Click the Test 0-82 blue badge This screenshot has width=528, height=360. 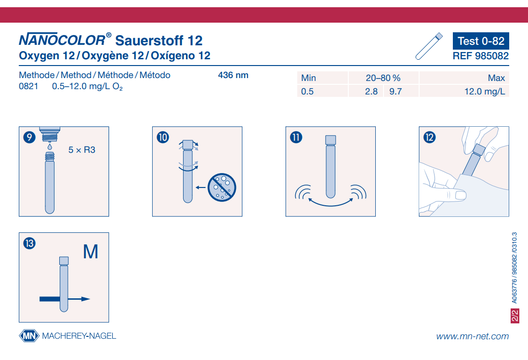coord(480,41)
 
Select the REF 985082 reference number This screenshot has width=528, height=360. coord(480,56)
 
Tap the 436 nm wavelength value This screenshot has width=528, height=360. coord(233,75)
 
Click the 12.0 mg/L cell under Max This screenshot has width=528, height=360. coord(484,91)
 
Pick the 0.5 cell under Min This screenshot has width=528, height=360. coord(307,91)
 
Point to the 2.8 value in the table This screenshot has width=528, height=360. coord(371,91)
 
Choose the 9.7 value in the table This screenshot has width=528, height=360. coord(395,91)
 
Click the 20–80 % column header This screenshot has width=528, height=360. coord(383,78)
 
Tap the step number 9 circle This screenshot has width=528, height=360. coord(29,137)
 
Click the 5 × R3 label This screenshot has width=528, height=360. coord(82,150)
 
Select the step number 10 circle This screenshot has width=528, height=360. coord(162,137)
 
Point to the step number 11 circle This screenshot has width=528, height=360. coord(296,137)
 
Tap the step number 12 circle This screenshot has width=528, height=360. coord(429,137)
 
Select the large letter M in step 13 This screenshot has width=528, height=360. coord(91,252)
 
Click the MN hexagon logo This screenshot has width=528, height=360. coord(29,336)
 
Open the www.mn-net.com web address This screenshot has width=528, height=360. coord(472,336)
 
